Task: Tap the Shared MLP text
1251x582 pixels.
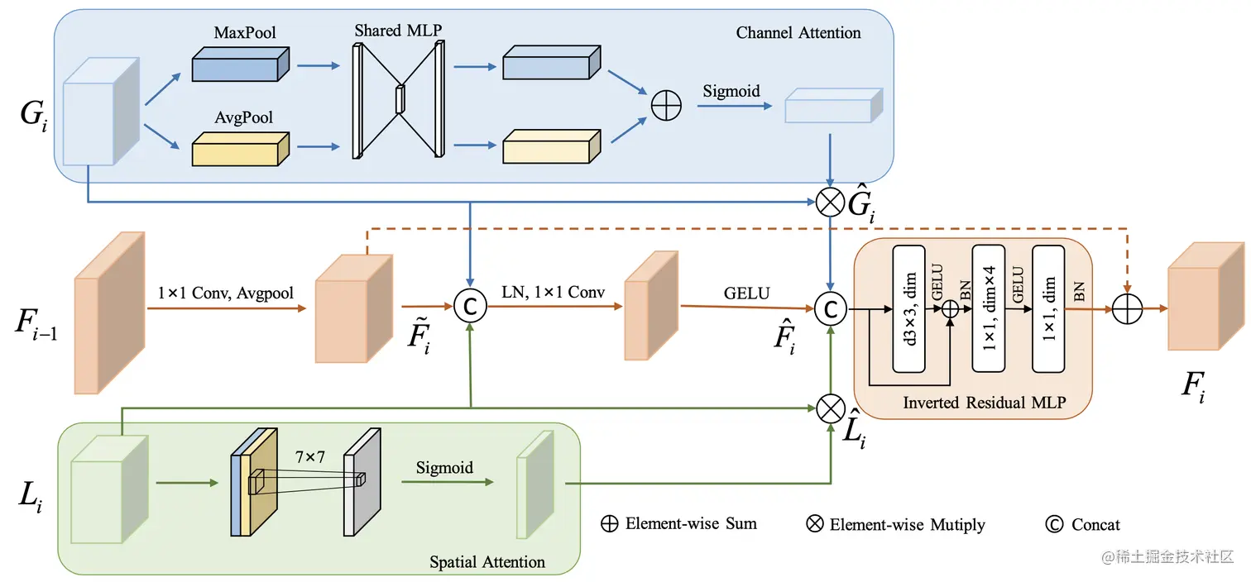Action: (x=398, y=31)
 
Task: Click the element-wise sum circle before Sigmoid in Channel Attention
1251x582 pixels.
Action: (x=666, y=107)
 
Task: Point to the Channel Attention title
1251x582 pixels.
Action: (x=798, y=33)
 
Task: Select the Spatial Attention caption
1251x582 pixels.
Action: (x=487, y=562)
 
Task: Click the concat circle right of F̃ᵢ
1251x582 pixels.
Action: (x=470, y=306)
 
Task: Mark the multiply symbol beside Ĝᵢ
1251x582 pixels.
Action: (x=830, y=202)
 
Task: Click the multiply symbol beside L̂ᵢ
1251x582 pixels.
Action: (x=830, y=408)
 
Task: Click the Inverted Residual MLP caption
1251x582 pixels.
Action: (x=984, y=403)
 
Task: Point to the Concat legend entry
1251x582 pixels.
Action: (x=1085, y=524)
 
